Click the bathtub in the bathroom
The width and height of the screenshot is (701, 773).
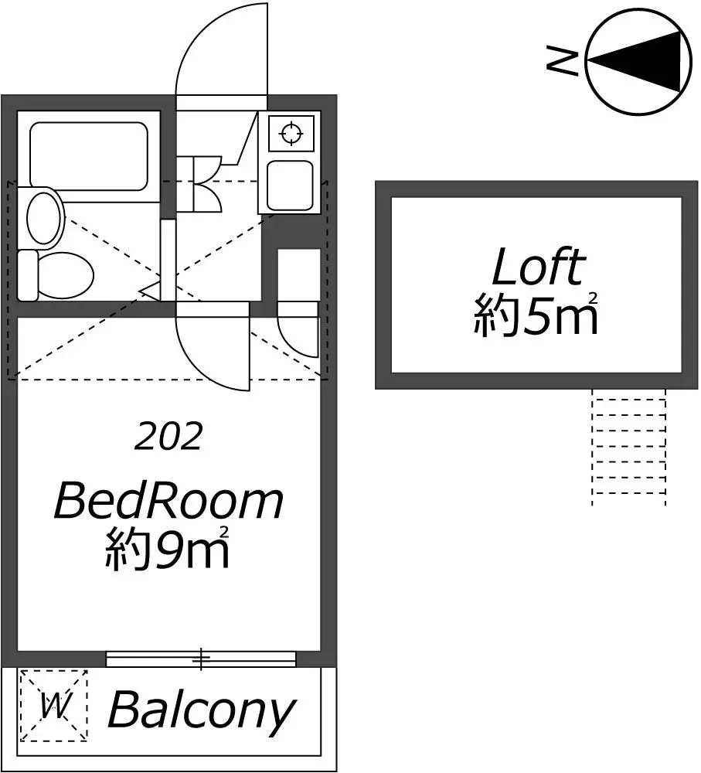coord(89,156)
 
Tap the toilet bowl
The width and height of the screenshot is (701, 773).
coord(66,275)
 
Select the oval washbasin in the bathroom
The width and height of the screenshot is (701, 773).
coord(45,217)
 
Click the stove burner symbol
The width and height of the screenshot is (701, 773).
coord(291,133)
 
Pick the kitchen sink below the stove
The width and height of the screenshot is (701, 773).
coord(290,186)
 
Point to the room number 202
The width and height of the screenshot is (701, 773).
coord(168,436)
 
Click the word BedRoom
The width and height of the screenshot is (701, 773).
coord(168,500)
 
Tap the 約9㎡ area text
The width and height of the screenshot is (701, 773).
coord(168,548)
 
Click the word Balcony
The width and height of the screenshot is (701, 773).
coord(201,711)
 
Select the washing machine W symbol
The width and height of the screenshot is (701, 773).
coord(54,706)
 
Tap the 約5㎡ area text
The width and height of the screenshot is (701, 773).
coord(536,315)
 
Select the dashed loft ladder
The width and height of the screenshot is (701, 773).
coord(629,447)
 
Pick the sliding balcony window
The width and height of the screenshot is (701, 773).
coord(201,659)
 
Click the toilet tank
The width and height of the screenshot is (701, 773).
coord(28,275)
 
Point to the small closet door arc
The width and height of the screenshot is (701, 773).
coord(291,343)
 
